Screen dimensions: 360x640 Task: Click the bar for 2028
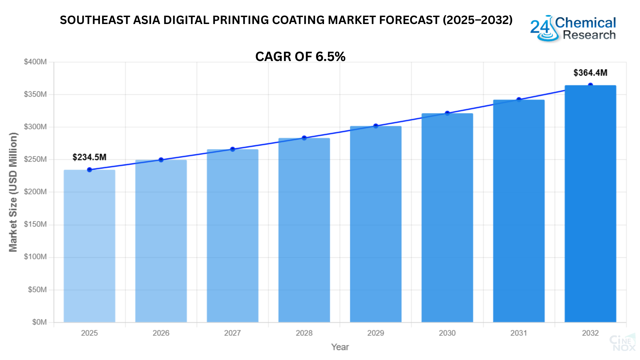304,230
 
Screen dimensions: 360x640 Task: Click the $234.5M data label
89,157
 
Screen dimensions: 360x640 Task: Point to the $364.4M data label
590,73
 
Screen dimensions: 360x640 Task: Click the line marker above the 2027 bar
233,149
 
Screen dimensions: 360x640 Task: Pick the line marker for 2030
447,113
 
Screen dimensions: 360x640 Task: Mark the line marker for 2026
161,160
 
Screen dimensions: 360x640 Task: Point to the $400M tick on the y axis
35,62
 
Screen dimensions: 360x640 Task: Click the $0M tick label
39,322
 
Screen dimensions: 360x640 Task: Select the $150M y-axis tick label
35,224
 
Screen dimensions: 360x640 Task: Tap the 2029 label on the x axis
376,333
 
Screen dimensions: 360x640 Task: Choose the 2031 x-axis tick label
519,333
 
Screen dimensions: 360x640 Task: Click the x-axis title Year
340,347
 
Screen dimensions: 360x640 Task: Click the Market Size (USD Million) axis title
13,192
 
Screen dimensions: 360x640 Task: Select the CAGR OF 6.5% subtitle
300,57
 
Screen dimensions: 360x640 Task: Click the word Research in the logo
589,35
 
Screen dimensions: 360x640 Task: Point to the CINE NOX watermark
623,343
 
